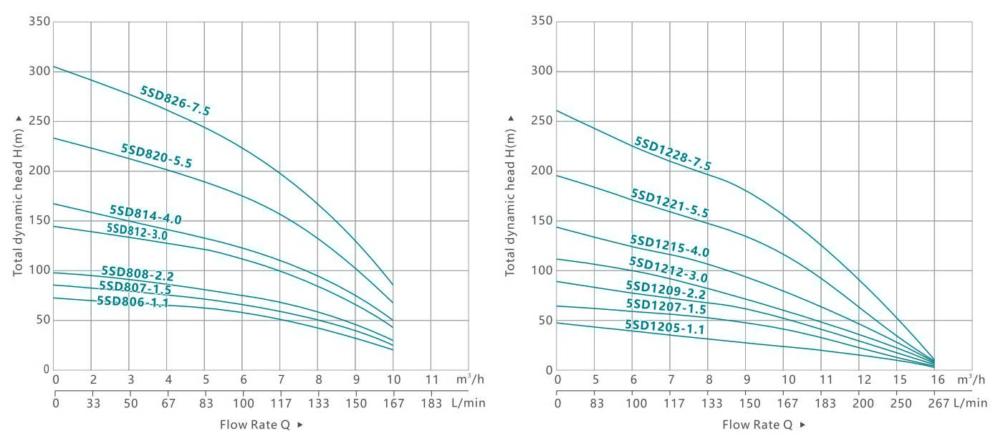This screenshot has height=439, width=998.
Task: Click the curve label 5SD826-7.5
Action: pos(175,101)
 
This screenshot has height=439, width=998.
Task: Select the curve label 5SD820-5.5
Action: pos(156,156)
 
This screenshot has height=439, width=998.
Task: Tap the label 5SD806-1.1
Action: pos(133,302)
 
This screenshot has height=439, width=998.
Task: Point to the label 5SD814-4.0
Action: pos(145,214)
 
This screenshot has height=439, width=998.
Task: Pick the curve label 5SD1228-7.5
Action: pos(672,154)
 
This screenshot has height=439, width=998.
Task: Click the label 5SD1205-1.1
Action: pos(665,328)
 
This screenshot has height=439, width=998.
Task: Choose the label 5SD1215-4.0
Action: pos(669,246)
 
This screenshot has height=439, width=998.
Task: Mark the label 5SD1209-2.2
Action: pos(666,290)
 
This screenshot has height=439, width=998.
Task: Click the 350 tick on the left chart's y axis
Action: pos(39,22)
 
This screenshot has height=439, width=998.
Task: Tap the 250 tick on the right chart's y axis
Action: pos(542,121)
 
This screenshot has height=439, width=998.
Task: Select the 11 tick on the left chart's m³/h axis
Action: pos(431,379)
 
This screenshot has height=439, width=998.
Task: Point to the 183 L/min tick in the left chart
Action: pos(431,403)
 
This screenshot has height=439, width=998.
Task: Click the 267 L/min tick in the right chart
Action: pos(939,403)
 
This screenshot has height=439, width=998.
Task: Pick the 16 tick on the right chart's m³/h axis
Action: pos(939,379)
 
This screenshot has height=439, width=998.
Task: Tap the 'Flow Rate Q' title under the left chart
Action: pos(255,425)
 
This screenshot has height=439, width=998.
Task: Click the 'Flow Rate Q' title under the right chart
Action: pos(757,425)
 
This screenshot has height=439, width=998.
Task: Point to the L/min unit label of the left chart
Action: pos(469,403)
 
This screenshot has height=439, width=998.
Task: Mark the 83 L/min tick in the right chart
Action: pos(595,403)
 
